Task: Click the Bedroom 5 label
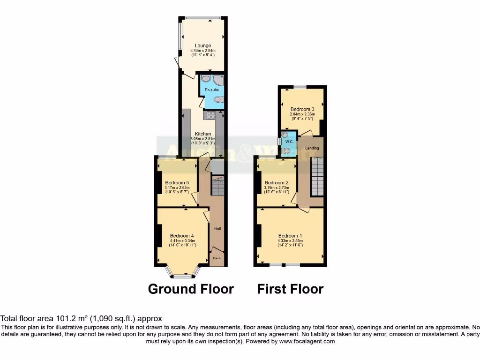[x=177, y=183]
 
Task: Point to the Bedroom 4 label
[x=182, y=236]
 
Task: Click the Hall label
[x=217, y=229]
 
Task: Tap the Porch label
[x=217, y=258]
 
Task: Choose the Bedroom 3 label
[x=302, y=109]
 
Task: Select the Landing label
[x=312, y=148]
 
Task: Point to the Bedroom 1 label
[x=290, y=236]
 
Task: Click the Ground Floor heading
[x=191, y=289]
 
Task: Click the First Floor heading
[x=290, y=289]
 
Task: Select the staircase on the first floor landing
[x=317, y=177]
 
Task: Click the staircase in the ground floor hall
[x=218, y=187]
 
